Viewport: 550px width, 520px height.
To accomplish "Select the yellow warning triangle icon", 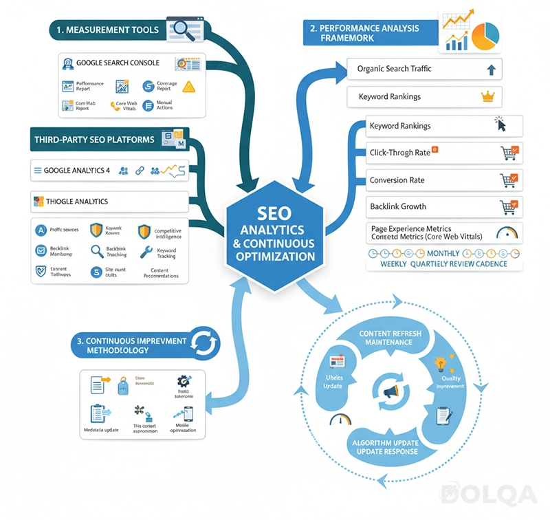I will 188,87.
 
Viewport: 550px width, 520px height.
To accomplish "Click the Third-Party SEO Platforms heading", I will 94,140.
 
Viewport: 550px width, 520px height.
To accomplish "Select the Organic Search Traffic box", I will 424,69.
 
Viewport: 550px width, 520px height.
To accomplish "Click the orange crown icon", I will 489,97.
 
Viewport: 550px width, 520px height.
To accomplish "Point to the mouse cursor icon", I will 500,124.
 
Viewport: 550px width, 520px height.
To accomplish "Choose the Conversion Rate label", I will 397,180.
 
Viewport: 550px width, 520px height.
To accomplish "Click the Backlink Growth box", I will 443,206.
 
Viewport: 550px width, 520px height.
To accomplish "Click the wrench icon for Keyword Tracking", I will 145,252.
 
